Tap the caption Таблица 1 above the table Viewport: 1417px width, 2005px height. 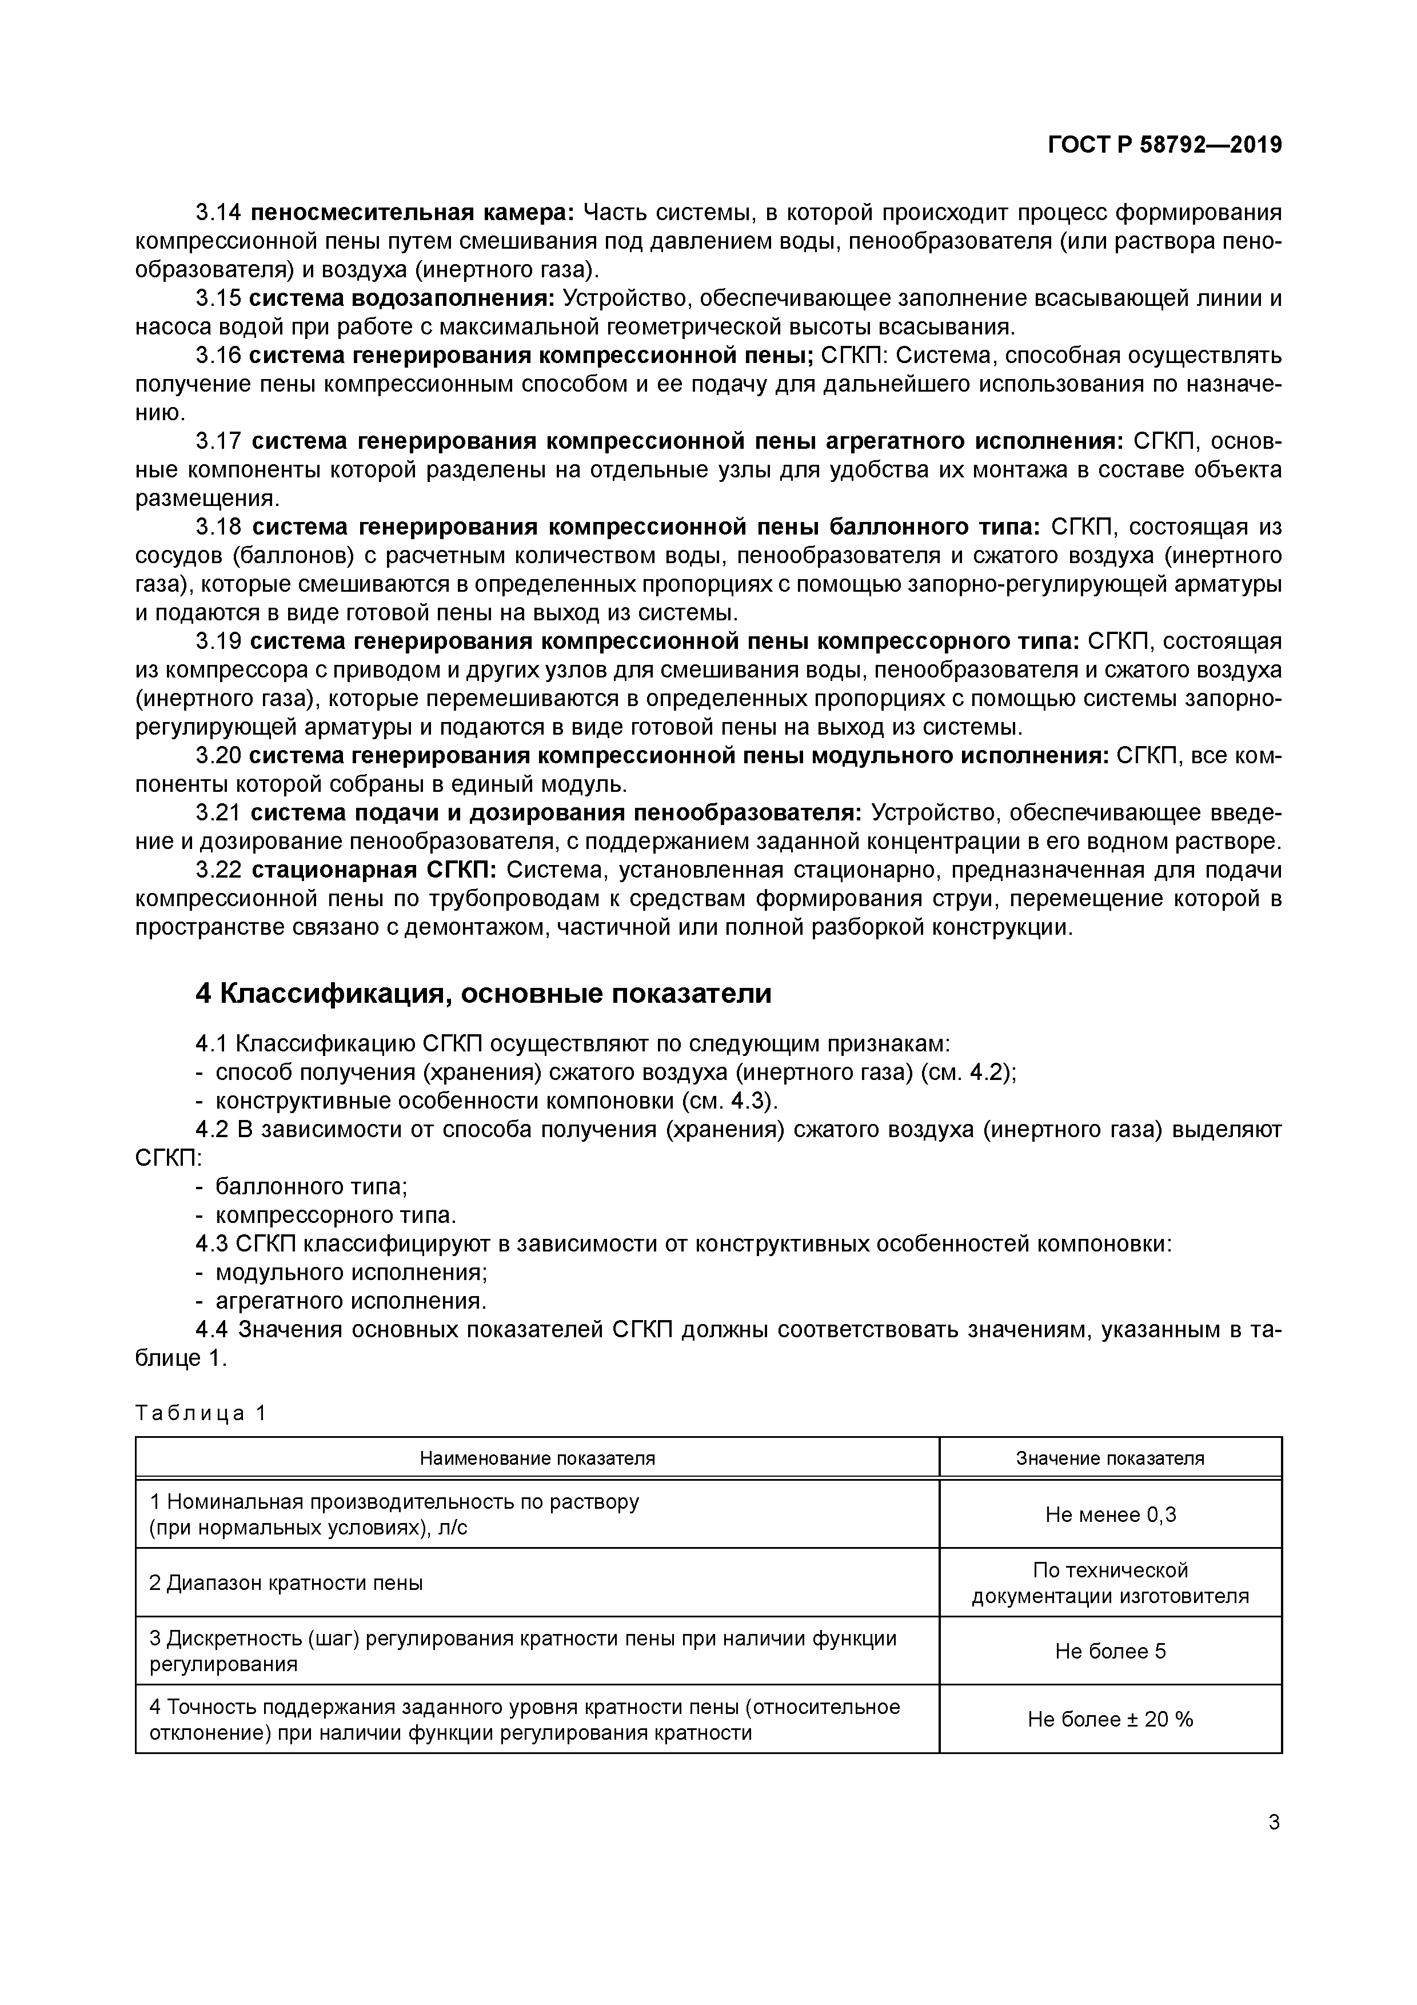coord(200,1414)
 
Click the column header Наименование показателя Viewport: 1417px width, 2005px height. coord(537,1458)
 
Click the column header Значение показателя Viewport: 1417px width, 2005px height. coord(1109,1458)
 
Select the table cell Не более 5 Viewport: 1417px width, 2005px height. coord(1109,1651)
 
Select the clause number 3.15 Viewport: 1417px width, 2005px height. coord(217,298)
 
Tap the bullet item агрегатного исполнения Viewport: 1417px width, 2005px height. coord(350,1301)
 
